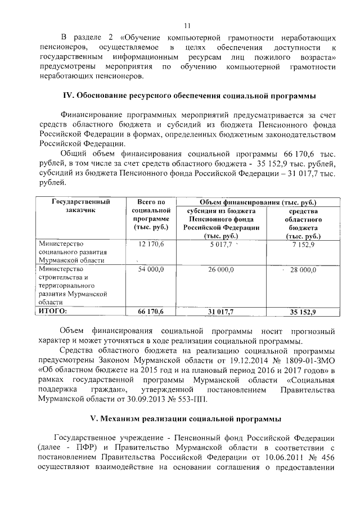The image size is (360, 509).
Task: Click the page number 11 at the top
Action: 187,25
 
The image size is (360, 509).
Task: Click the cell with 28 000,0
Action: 304,270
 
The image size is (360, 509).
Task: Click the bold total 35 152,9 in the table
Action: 303,312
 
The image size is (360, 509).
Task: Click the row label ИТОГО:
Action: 52,311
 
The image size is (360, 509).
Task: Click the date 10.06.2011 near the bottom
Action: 284,457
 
